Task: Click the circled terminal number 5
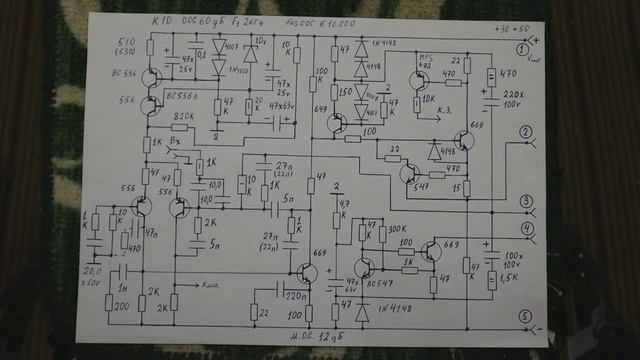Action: (523, 319)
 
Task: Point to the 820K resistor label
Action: (183, 117)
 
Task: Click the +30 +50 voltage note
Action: (514, 28)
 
